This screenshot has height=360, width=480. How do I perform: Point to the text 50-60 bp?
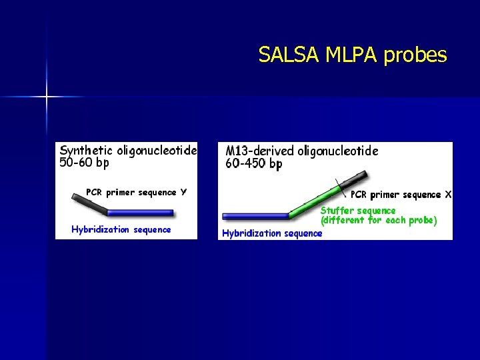pyautogui.click(x=85, y=163)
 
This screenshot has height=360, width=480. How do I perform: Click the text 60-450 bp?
pyautogui.click(x=254, y=164)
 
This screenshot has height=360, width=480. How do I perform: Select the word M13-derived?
pyautogui.click(x=259, y=151)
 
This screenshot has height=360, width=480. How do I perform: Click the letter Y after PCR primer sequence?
pyautogui.click(x=183, y=193)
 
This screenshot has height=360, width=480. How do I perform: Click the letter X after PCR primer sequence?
pyautogui.click(x=448, y=195)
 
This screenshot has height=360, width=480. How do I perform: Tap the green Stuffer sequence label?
pyautogui.click(x=358, y=211)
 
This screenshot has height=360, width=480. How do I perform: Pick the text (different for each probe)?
pyautogui.click(x=379, y=220)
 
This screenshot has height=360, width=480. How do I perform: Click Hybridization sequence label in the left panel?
pyautogui.click(x=121, y=230)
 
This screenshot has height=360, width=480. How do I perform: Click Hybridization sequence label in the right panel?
pyautogui.click(x=272, y=233)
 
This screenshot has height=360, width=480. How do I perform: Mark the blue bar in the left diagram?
pyautogui.click(x=140, y=213)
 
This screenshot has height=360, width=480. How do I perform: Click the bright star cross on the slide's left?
pyautogui.click(x=47, y=97)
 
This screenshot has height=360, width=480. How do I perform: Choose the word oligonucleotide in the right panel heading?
pyautogui.click(x=337, y=151)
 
